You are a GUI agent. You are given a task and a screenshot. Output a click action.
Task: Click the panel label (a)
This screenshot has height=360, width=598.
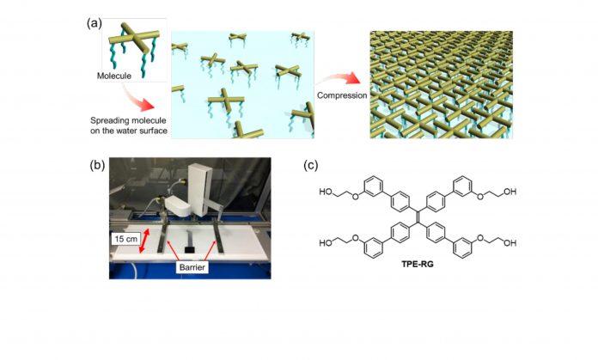click(x=95, y=24)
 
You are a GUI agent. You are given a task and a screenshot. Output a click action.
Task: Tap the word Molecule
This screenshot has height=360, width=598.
click(x=114, y=76)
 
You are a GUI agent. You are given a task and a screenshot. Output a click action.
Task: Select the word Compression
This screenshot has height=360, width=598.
click(x=342, y=95)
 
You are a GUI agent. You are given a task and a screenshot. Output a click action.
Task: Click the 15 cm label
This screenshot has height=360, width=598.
click(x=125, y=240)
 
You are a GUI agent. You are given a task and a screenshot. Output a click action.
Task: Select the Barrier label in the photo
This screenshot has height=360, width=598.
click(x=192, y=267)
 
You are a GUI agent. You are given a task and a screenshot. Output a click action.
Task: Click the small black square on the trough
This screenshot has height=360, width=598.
click(x=190, y=249)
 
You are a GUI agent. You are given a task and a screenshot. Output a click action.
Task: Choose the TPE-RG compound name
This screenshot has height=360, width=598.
click(x=418, y=264)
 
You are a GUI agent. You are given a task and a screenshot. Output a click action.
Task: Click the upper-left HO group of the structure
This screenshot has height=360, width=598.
click(x=326, y=192)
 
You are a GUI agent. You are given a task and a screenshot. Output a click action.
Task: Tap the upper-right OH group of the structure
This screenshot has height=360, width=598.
click(x=510, y=192)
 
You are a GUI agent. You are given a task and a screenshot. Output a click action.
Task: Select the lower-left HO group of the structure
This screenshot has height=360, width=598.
click(x=326, y=242)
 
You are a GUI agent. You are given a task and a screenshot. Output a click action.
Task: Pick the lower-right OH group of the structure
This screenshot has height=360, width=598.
click(x=510, y=242)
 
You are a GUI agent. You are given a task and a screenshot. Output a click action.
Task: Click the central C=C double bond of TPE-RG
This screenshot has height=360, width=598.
click(x=418, y=217)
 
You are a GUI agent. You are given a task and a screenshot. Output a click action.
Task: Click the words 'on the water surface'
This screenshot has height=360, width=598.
click(x=129, y=131)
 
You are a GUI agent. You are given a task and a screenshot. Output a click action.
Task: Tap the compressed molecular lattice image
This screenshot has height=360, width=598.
click(x=442, y=85)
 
